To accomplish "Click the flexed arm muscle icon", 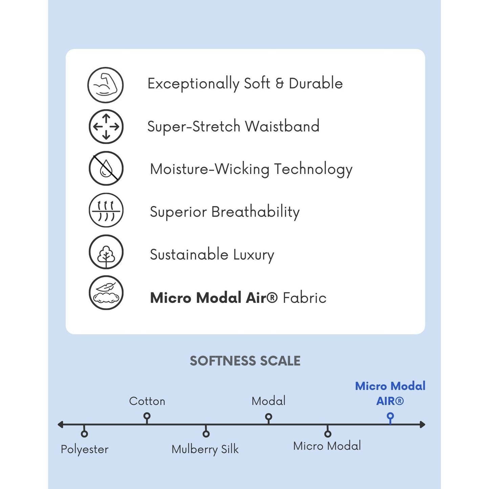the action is (x=105, y=85).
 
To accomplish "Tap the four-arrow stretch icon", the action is (x=106, y=126).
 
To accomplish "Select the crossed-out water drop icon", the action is (x=106, y=168).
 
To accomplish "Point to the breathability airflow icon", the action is (x=106, y=210).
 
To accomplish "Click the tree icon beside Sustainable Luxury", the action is (x=106, y=252).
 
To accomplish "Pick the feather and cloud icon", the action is (x=106, y=293).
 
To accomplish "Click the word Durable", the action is (x=316, y=83).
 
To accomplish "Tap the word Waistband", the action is (x=282, y=126).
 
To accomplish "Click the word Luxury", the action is (x=254, y=255).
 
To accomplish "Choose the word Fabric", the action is (x=305, y=298).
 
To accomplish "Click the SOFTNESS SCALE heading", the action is (x=245, y=361).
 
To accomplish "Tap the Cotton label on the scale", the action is (x=147, y=401).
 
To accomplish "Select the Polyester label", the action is (x=85, y=449).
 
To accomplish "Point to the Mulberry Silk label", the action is (x=205, y=449).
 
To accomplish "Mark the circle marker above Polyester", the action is (x=85, y=434).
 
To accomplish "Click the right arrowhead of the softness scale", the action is (x=423, y=425).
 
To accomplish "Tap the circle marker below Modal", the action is (x=269, y=417).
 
